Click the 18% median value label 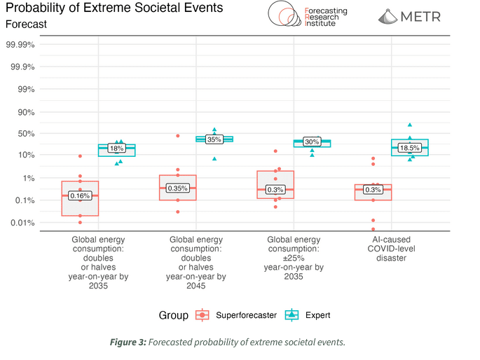click(116, 148)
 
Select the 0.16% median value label click(80, 195)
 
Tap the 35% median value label click(214, 139)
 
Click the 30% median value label click(312, 141)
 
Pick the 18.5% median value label click(409, 148)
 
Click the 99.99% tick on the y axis click(21, 44)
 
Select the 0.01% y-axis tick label click(23, 223)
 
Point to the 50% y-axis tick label click(27, 133)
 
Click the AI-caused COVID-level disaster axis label click(392, 249)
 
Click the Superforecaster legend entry click(238, 315)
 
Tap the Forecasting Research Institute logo click(303, 14)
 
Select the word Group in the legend click(172, 315)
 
